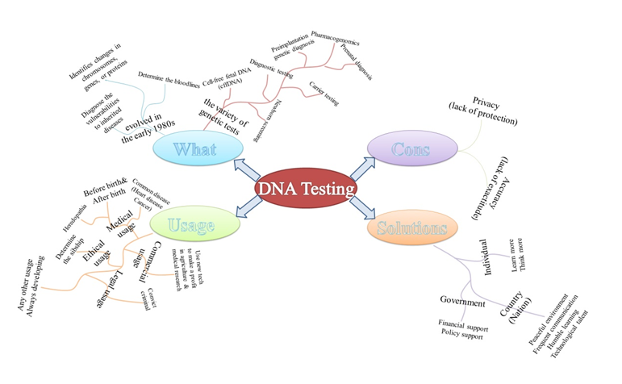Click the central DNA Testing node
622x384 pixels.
(x=305, y=188)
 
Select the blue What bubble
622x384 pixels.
(x=194, y=150)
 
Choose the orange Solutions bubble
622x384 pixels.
(x=411, y=227)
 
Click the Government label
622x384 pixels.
(x=463, y=302)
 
